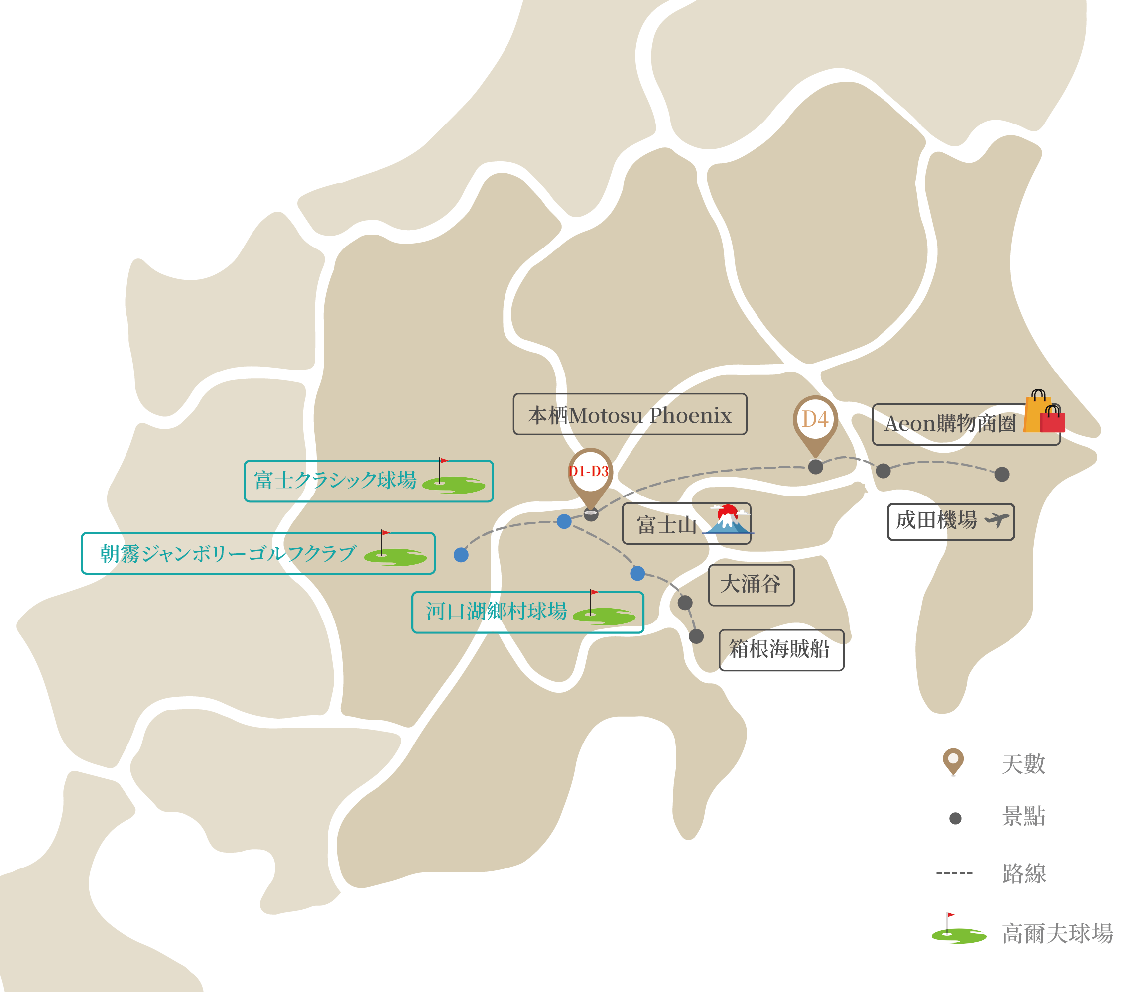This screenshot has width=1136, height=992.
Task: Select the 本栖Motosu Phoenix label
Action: [x=630, y=415]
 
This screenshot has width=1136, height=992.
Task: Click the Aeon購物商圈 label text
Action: [x=950, y=424]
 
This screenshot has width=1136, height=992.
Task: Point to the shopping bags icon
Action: [x=1044, y=412]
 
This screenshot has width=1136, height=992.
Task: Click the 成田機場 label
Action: [x=936, y=521]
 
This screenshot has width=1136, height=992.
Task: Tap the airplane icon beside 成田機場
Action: [x=997, y=520]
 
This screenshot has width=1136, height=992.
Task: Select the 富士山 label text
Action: [x=666, y=525]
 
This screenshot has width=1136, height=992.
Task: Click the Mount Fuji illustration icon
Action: [x=728, y=520]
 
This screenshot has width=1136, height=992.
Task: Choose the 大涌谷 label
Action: [x=751, y=585]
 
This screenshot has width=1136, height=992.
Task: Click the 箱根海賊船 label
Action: [x=779, y=649]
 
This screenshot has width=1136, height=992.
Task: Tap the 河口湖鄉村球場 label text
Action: [x=497, y=612]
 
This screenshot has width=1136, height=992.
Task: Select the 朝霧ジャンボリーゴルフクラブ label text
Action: [x=228, y=554]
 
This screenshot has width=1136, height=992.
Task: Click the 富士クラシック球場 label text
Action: [x=336, y=481]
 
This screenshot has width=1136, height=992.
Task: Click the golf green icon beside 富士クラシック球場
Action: [x=453, y=483]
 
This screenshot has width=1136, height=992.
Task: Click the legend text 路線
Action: [x=1023, y=874]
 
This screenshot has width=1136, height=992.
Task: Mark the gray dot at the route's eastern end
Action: [x=1002, y=475]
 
